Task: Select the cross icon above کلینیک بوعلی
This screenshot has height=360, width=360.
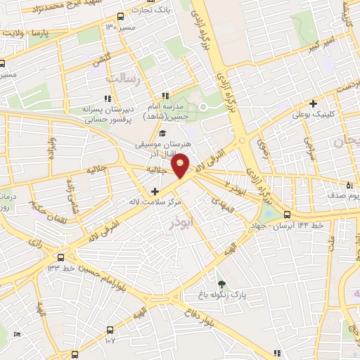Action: pyautogui.click(x=313, y=103)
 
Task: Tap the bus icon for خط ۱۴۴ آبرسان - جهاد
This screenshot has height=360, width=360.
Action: pyautogui.click(x=287, y=214)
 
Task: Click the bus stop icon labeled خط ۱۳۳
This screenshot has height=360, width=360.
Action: pyautogui.click(x=61, y=257)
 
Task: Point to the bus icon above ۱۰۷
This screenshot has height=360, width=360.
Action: pyautogui.click(x=109, y=329)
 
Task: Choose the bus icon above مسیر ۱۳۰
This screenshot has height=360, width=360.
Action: pyautogui.click(x=121, y=16)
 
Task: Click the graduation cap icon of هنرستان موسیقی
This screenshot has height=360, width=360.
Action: pyautogui.click(x=162, y=134)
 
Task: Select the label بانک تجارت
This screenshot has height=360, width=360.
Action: pyautogui.click(x=153, y=8)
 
